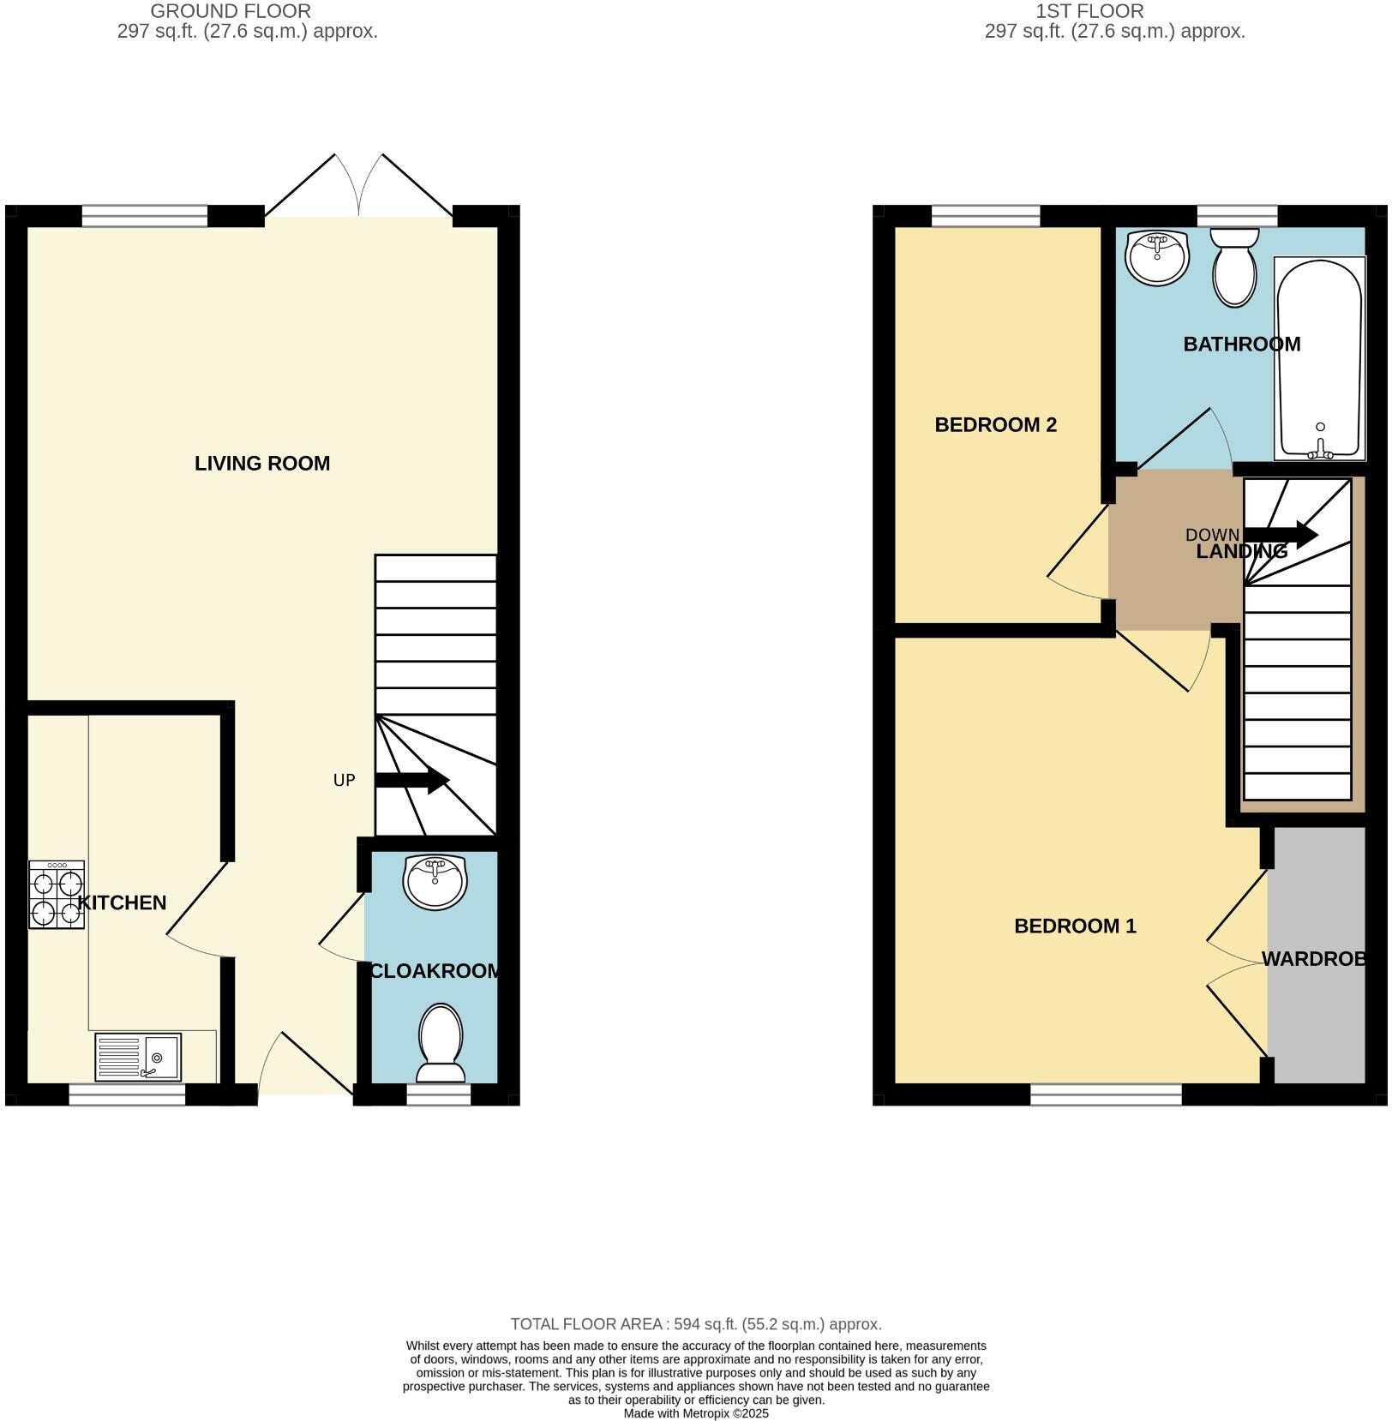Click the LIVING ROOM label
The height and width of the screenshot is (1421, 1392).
[261, 464]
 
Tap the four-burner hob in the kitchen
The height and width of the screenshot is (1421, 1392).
[57, 895]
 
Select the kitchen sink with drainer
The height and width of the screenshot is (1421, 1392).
[138, 1057]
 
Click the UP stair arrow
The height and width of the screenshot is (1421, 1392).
[412, 780]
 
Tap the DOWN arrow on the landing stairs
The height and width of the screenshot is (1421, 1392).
[1281, 535]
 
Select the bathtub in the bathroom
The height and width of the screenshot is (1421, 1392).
[1319, 359]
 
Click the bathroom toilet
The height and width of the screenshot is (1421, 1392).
[1234, 267]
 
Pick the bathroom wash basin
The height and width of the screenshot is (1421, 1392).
[1158, 257]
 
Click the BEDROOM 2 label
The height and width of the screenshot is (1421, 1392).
[995, 425]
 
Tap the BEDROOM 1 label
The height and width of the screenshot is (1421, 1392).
[1075, 926]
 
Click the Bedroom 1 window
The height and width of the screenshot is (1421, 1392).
[1106, 1094]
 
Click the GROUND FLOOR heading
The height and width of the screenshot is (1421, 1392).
[231, 11]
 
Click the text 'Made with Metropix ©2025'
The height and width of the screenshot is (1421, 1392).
[696, 1414]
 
